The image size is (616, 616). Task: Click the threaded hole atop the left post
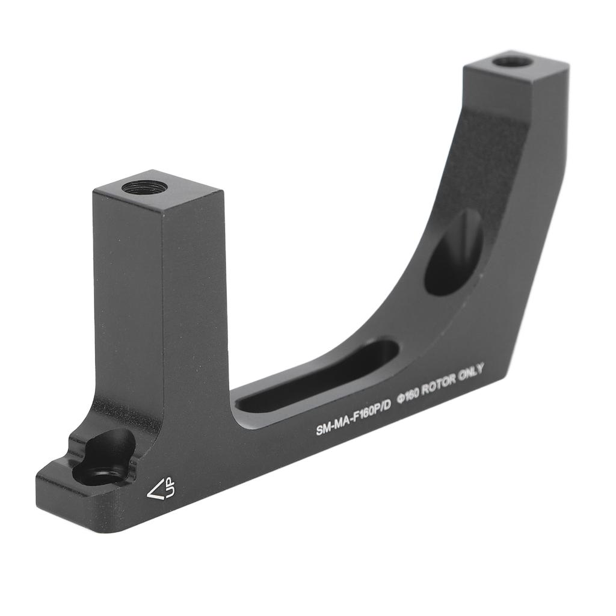(x=144, y=187)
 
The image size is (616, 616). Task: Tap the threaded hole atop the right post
(x=512, y=61)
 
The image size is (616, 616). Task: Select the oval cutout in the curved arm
(x=453, y=252)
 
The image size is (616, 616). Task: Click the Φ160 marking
(x=407, y=396)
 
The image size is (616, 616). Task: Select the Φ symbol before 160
(x=399, y=399)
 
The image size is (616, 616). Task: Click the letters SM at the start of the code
(x=322, y=430)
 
